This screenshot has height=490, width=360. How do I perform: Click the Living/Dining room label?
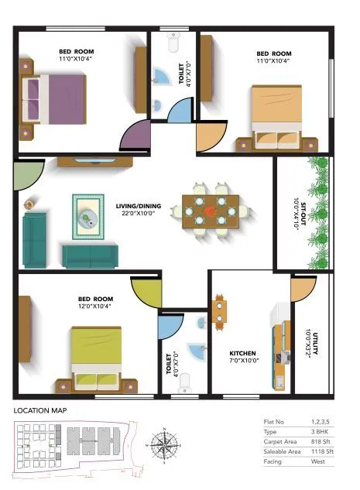tap(139, 206)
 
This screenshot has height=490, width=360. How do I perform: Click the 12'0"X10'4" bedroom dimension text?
tap(94, 307)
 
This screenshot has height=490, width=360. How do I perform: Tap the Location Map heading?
tap(40, 410)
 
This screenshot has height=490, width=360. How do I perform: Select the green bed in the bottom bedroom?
tap(96, 356)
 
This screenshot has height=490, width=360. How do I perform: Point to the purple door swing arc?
tap(134, 137)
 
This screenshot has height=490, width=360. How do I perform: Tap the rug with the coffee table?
tap(88, 217)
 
